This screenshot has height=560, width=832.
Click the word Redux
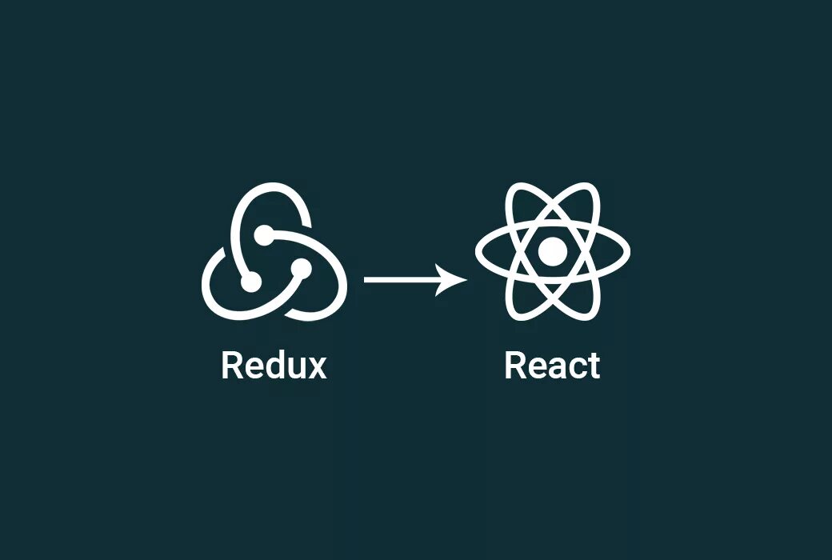[274, 366]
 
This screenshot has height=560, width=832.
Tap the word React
[552, 366]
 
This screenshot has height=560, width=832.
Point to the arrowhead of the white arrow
[457, 280]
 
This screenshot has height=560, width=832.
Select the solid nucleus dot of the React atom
[552, 252]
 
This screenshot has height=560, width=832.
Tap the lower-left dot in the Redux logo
[250, 282]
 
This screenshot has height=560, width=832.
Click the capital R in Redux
[232, 366]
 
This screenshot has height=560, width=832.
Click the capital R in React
[515, 366]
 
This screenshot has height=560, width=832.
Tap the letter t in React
[592, 366]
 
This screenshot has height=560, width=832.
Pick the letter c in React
[574, 368]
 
